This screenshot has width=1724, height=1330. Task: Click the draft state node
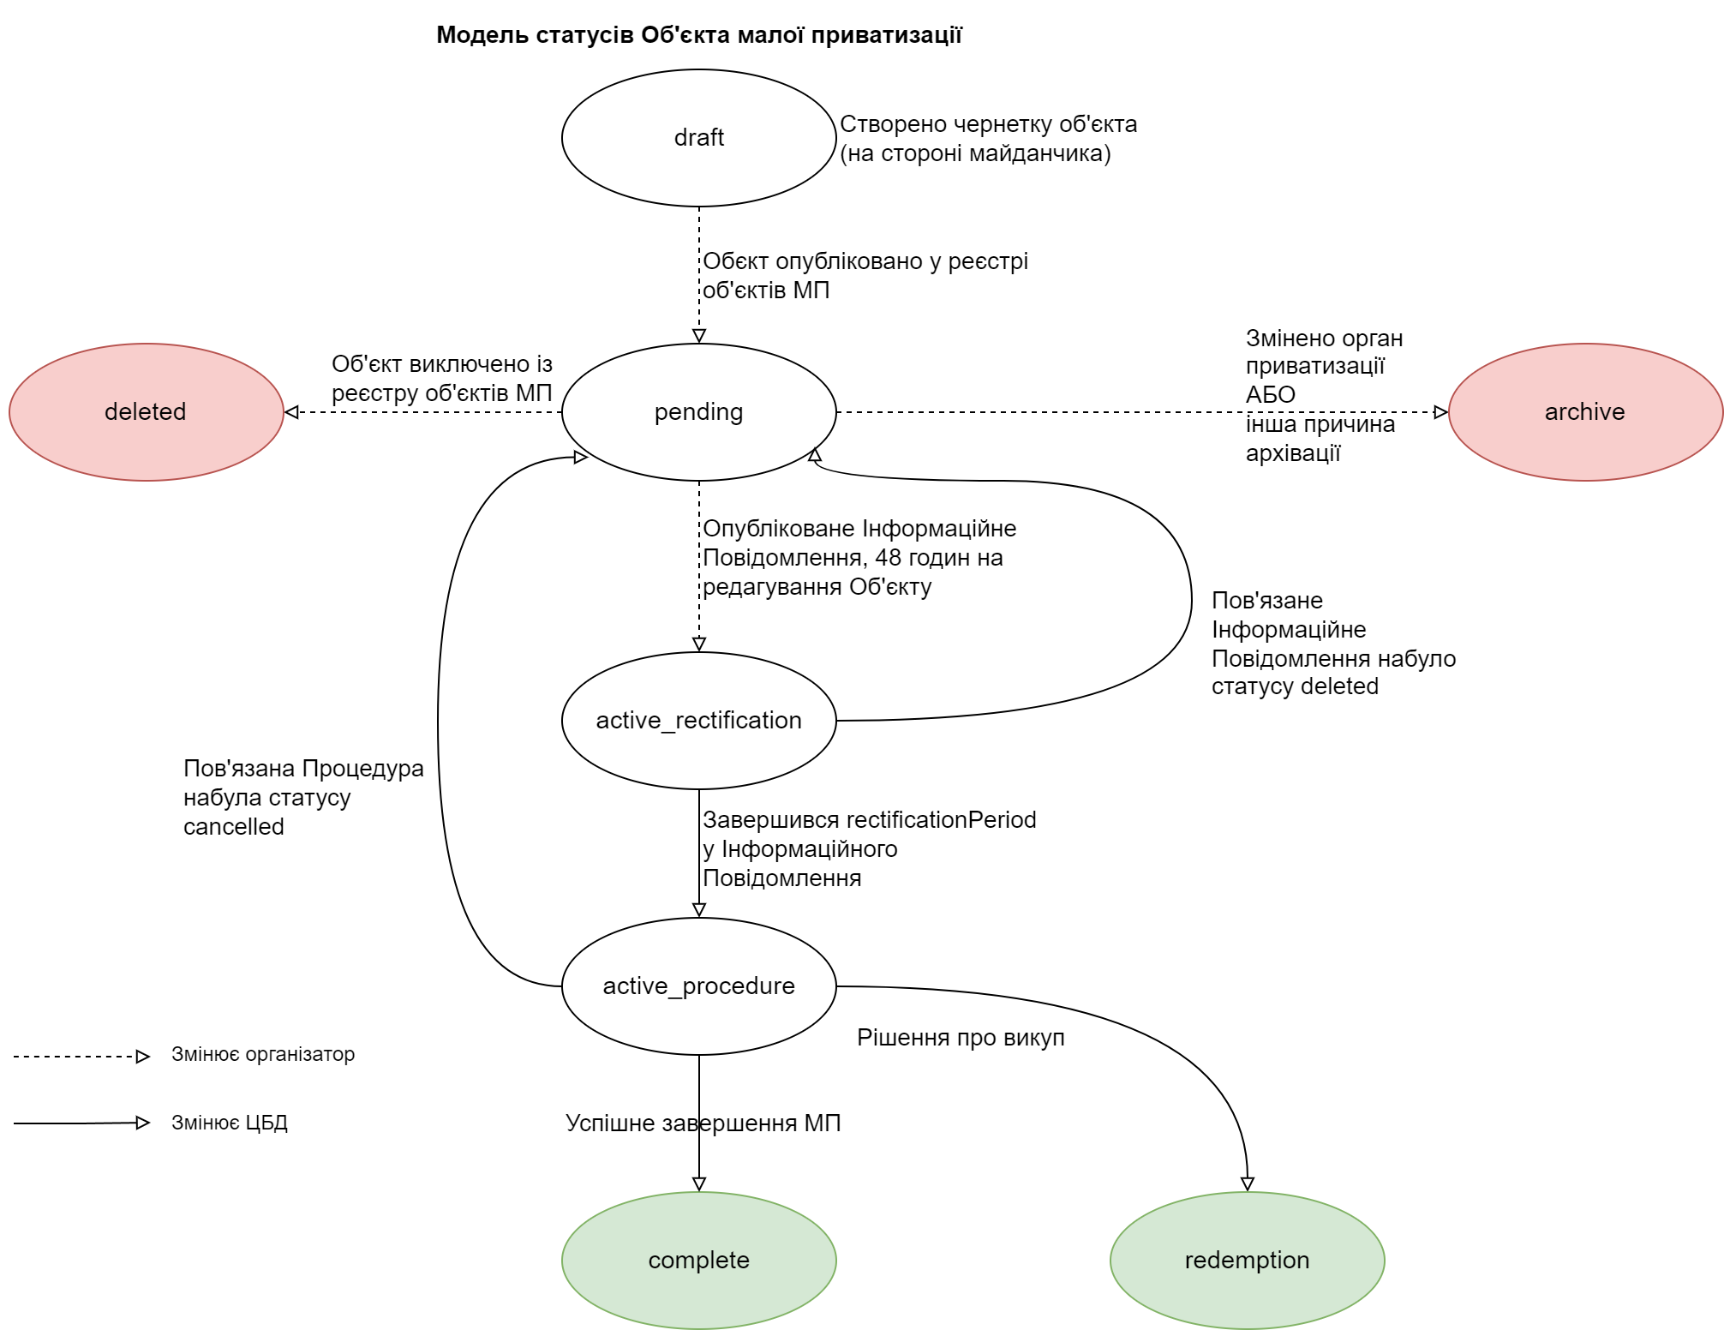(698, 138)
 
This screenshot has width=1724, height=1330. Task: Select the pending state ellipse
(698, 412)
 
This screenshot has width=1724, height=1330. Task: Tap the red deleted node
(146, 412)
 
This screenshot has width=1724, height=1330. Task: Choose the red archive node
(1584, 412)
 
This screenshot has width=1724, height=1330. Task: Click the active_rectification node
(698, 721)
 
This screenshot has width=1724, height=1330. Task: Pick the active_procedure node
(698, 986)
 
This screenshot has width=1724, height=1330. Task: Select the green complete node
(698, 1261)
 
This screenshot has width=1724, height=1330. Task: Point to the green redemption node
(1247, 1261)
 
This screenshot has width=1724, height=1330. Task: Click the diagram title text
(698, 35)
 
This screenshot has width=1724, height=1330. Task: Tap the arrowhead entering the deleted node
(291, 412)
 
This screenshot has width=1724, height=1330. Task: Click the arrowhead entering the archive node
(1440, 412)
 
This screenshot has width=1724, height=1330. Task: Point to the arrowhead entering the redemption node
(1248, 1184)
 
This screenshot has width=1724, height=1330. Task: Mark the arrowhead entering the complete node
(699, 1184)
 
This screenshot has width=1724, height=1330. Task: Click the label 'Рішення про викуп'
(961, 1038)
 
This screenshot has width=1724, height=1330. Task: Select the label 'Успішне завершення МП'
(703, 1123)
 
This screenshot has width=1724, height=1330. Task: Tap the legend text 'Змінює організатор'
(263, 1054)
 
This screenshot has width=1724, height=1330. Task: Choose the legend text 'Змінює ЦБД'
(230, 1123)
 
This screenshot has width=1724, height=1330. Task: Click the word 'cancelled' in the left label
(234, 827)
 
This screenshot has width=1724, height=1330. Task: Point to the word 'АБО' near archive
(1271, 395)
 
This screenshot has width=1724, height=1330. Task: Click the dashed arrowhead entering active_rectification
(699, 644)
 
